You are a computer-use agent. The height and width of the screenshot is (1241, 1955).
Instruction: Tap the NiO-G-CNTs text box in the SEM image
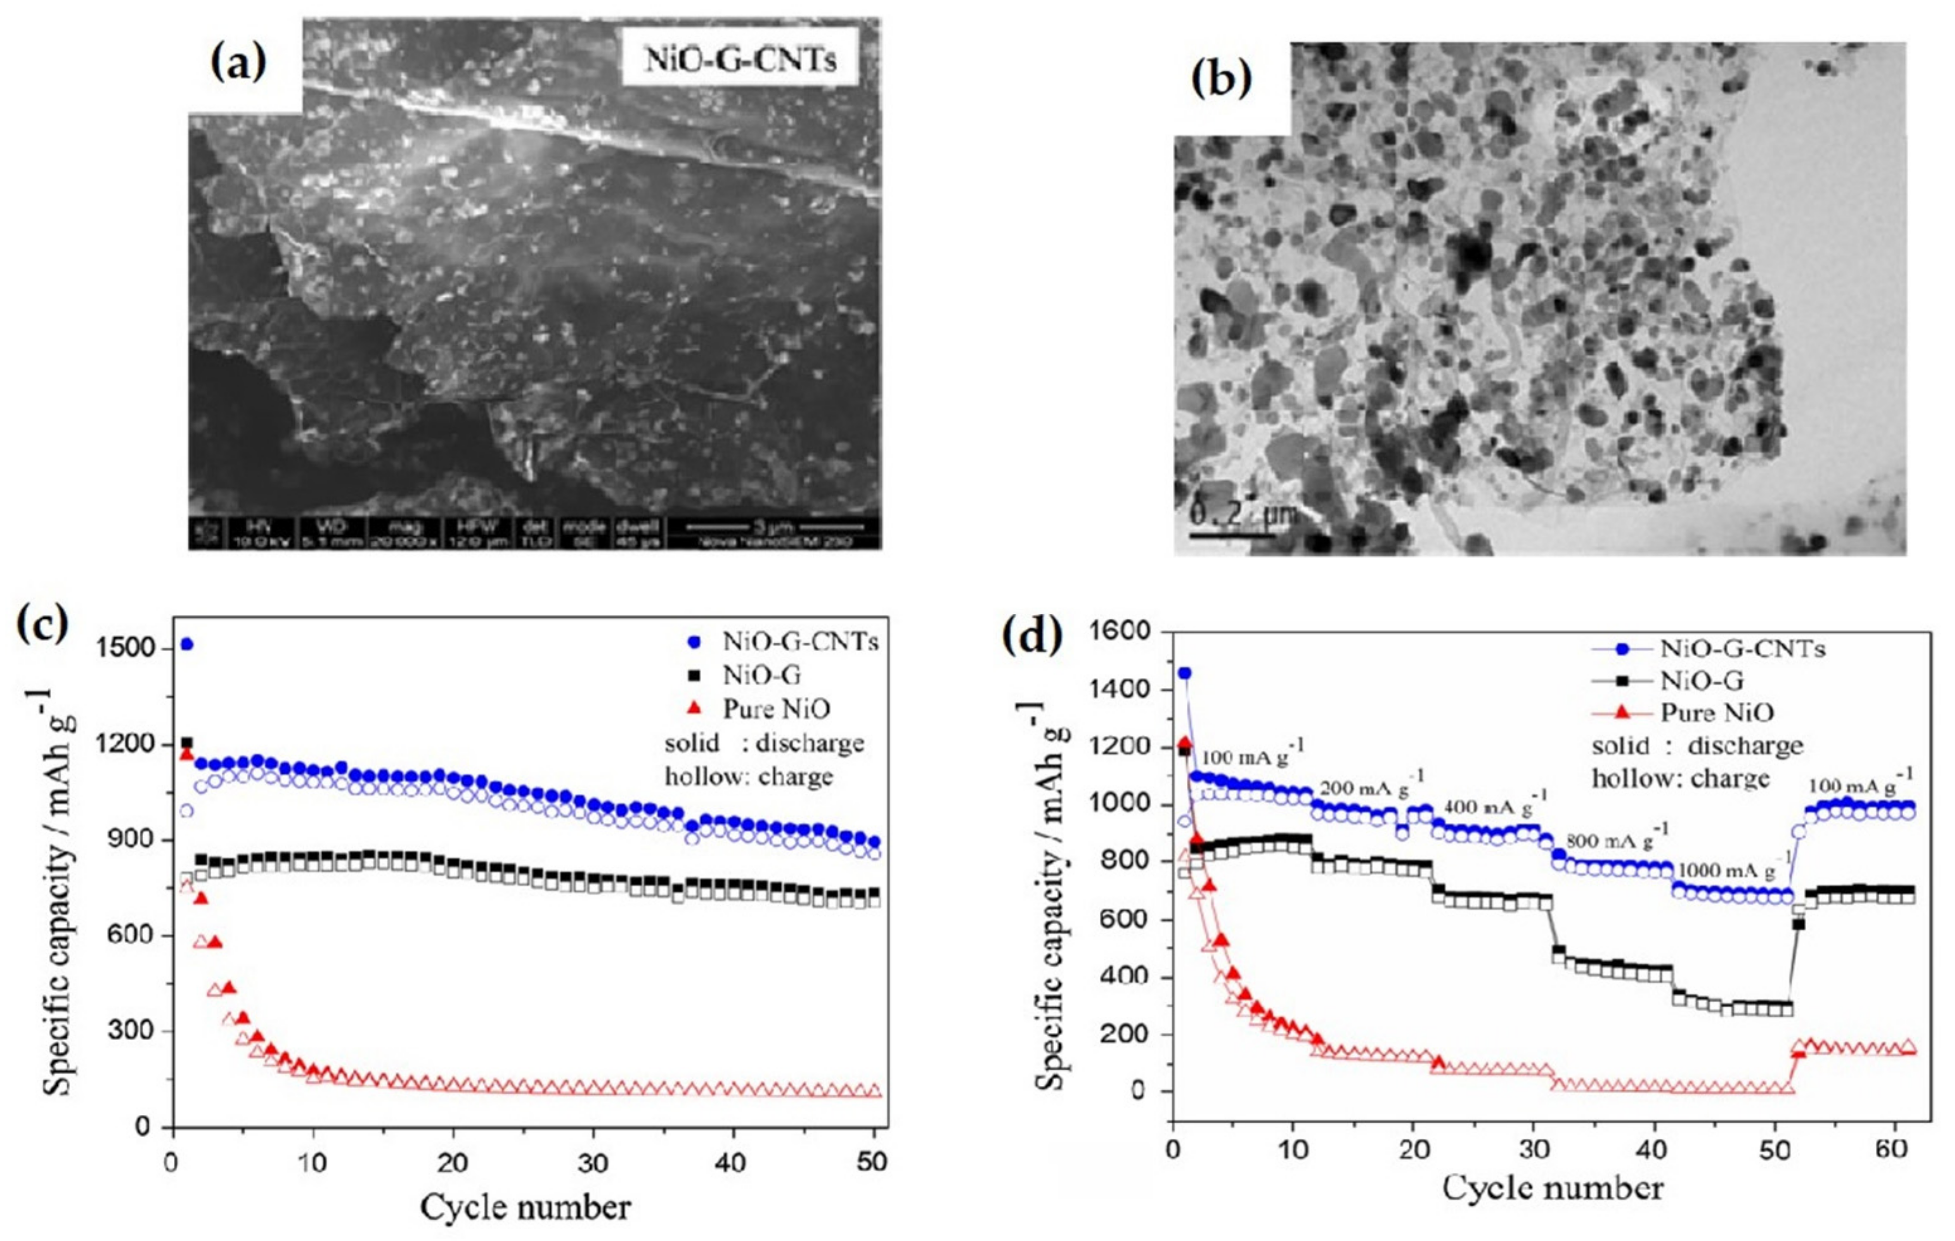point(740,59)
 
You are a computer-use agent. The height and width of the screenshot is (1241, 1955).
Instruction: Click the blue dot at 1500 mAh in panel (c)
point(187,645)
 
